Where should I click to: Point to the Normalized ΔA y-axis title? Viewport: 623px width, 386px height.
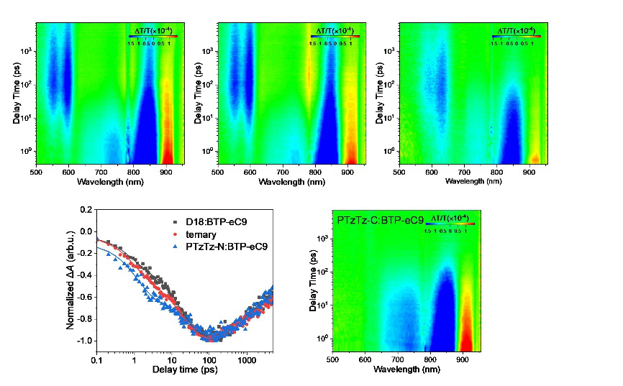coord(71,277)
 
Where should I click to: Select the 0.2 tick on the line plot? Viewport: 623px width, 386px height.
coord(87,210)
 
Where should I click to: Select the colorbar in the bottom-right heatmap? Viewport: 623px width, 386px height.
coord(449,224)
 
